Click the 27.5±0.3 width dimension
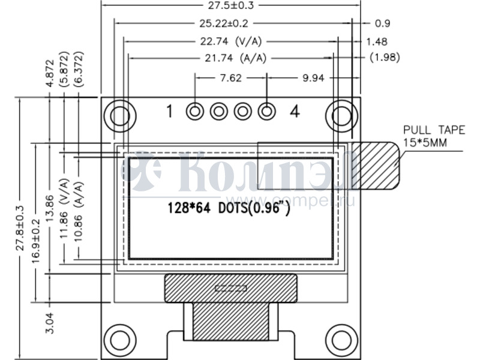(x=231, y=5)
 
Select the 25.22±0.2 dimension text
(x=224, y=23)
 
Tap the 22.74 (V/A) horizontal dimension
(x=231, y=41)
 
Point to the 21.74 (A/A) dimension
(x=236, y=58)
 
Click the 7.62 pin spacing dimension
(x=231, y=78)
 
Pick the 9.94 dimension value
(x=313, y=78)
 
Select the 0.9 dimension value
(x=382, y=23)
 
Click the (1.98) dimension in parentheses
(x=385, y=57)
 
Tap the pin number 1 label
(x=170, y=111)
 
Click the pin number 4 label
(x=295, y=111)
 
